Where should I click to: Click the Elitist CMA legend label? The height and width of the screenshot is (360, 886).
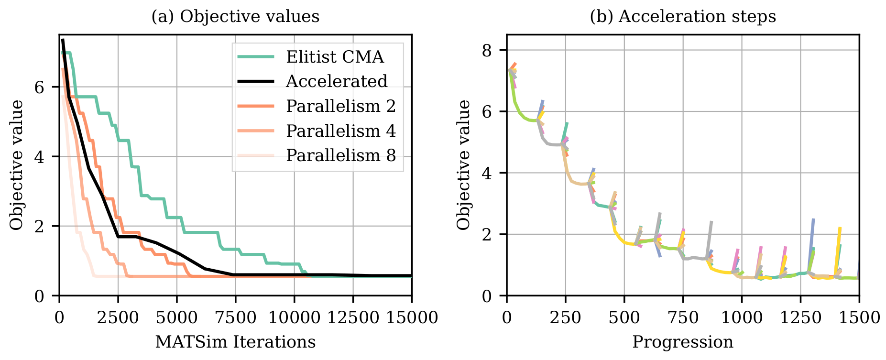335,57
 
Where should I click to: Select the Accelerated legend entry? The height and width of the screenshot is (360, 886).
337,82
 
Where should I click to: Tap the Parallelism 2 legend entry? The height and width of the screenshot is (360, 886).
341,106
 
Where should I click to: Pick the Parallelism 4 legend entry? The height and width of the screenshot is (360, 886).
341,131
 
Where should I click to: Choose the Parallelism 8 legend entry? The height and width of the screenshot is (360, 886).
341,155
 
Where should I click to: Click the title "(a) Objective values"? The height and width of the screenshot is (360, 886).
235,17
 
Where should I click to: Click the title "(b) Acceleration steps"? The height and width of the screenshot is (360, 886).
683,17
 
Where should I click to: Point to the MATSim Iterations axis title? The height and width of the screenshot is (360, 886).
235,342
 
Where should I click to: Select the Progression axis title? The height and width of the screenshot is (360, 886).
683,342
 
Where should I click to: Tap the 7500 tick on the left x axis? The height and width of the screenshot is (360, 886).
236,317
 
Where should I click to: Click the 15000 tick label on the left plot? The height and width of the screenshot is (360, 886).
412,317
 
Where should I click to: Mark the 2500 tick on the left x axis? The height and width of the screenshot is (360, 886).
118,317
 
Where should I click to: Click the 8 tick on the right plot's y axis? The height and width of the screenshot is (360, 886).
487,50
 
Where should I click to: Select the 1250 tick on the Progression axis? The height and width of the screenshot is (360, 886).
800,317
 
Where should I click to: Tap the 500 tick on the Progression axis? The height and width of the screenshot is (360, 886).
624,317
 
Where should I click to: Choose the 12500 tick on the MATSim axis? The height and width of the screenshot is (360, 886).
353,317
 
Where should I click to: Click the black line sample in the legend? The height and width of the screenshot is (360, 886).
256,82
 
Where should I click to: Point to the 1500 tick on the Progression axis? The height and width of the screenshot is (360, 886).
859,317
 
